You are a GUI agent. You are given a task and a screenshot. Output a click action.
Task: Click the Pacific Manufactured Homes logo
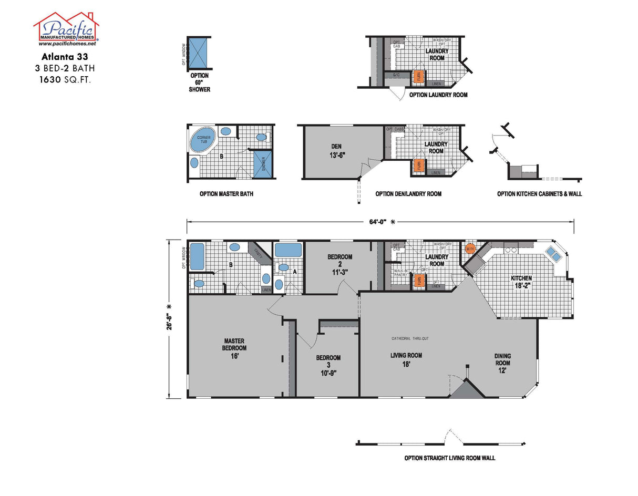click(66, 27)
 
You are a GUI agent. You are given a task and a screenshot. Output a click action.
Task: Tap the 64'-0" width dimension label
click(377, 222)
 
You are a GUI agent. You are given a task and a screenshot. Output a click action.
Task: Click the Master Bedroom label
click(234, 348)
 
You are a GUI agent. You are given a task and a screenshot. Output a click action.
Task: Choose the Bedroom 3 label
click(328, 365)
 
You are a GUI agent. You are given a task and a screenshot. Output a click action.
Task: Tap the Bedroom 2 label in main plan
click(339, 264)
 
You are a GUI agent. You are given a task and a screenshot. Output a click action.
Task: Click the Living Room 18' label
click(406, 359)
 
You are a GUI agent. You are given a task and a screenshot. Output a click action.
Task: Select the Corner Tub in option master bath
click(203, 140)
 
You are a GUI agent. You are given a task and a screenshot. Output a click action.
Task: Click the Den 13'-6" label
click(336, 151)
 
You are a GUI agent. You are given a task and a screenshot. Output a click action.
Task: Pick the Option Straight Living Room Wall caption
click(449, 458)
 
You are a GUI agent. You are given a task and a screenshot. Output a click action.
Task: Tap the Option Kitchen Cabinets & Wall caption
click(539, 194)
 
